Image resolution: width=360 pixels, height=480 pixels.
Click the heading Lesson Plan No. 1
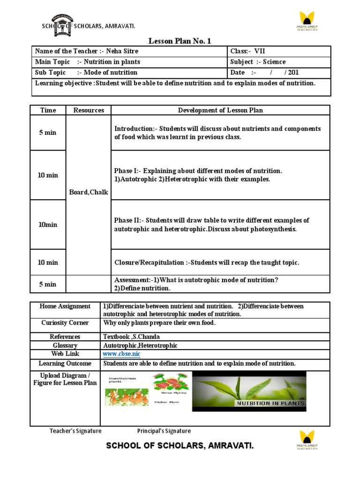(180, 41)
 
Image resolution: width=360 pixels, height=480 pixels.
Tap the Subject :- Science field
(258, 62)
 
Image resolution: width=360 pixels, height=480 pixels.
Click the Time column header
(48, 110)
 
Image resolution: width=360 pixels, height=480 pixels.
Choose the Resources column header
(89, 110)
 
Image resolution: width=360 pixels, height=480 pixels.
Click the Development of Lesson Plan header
(220, 110)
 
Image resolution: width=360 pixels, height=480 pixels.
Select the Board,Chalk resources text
(89, 192)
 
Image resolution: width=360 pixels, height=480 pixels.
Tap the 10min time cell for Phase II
(48, 225)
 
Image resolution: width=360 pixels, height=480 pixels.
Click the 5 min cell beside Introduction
(48, 133)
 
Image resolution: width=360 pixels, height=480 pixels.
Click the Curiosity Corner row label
(65, 323)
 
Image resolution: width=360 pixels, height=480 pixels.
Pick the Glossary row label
(65, 345)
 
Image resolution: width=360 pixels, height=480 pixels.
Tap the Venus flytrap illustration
(171, 383)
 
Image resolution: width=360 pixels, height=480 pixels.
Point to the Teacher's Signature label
(75, 431)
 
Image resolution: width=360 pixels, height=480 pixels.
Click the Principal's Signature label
(164, 431)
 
